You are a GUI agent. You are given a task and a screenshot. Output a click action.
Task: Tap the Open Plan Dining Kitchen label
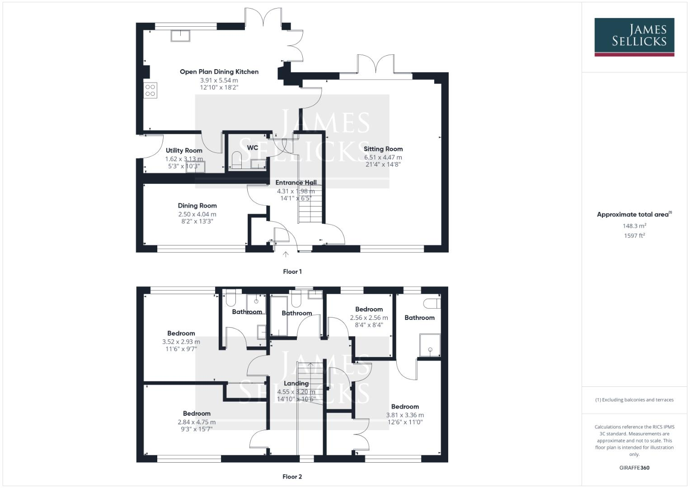(219, 71)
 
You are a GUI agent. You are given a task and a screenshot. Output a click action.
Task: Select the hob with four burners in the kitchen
(150, 90)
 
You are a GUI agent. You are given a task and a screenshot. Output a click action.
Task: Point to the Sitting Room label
(383, 149)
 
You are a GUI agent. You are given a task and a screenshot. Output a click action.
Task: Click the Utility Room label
(184, 150)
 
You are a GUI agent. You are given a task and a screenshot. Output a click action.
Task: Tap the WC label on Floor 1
(253, 147)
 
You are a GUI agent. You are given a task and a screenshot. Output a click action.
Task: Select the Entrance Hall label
(296, 183)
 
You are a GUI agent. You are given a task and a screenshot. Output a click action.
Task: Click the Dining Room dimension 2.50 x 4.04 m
(197, 214)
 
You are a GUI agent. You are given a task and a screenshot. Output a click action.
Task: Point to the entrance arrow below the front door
(286, 254)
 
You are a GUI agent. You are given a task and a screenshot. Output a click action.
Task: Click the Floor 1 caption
(292, 272)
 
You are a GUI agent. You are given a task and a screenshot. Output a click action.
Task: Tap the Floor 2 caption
(292, 477)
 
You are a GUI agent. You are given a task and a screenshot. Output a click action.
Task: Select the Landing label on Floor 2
(296, 383)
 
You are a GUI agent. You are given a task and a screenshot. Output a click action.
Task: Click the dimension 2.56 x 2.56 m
(369, 318)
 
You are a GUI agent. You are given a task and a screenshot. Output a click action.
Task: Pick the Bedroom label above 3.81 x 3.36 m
(405, 406)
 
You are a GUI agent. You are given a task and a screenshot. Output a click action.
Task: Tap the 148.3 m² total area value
(634, 225)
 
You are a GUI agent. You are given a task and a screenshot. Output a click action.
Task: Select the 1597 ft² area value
(634, 235)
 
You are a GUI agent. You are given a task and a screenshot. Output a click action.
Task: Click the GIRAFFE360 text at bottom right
(634, 468)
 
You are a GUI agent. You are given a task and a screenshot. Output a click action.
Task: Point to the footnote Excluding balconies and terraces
(634, 400)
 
